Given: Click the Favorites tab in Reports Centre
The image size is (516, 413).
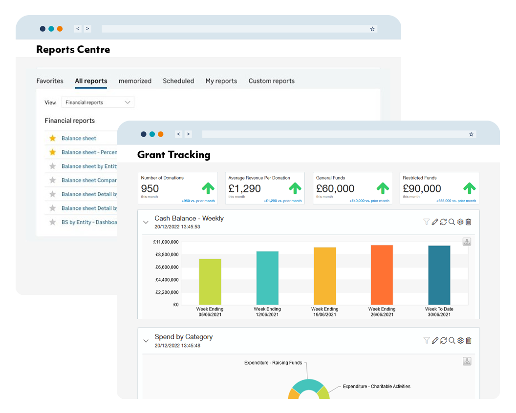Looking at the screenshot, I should click(x=50, y=81).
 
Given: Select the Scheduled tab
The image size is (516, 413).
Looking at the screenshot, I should click(x=178, y=81).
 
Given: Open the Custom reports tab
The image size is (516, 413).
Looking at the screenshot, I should click(x=271, y=81).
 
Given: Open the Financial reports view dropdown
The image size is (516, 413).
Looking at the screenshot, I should click(x=98, y=103).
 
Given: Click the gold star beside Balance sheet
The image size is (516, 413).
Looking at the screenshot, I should click(x=53, y=138).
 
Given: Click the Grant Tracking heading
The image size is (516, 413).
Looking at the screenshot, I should click(x=173, y=155).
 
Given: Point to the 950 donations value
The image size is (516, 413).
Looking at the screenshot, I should click(x=150, y=188).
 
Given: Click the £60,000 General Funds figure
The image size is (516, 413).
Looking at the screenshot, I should click(x=335, y=188).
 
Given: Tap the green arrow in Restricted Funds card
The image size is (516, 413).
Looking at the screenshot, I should click(x=469, y=188).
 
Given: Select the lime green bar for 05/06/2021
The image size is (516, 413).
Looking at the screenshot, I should click(x=210, y=282).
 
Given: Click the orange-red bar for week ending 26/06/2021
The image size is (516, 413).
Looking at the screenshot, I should click(x=382, y=275).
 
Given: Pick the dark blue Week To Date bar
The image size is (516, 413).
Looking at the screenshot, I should click(x=439, y=275).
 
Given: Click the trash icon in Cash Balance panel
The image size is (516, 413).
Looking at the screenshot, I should click(x=469, y=222).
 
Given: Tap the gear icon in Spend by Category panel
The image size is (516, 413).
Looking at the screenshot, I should click(x=460, y=341).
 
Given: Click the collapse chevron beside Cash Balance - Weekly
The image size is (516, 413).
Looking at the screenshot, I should click(x=146, y=222).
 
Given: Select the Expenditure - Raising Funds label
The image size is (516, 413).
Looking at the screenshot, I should click(x=273, y=363).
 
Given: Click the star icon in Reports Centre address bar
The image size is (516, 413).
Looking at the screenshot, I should click(x=372, y=29).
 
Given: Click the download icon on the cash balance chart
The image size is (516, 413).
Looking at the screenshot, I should click(x=467, y=242).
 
